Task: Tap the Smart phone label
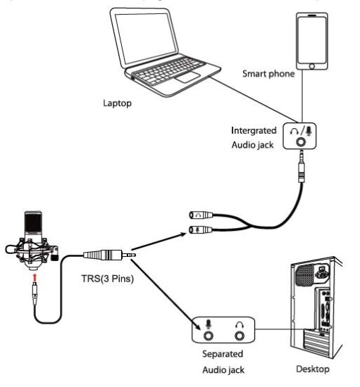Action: [268, 72]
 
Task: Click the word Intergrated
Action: [256, 131]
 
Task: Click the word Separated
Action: [223, 353]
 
